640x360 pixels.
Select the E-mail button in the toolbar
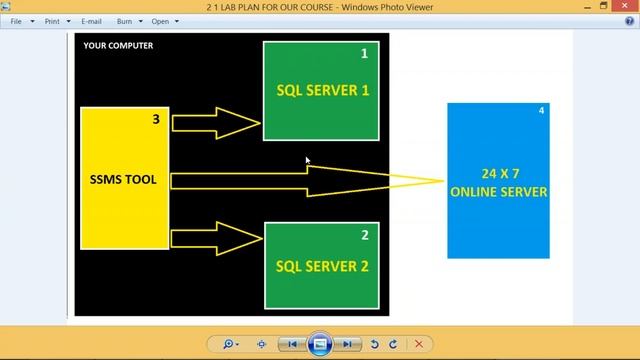click(x=91, y=21)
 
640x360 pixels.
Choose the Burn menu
click(x=127, y=21)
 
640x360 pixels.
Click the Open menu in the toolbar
click(x=162, y=21)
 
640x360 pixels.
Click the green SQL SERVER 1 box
click(x=322, y=90)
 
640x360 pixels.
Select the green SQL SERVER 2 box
click(x=322, y=266)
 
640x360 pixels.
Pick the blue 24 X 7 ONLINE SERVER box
click(x=498, y=180)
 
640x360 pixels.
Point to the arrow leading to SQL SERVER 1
click(x=215, y=123)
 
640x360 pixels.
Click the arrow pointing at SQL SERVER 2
click(x=215, y=238)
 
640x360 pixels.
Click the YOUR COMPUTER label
click(x=118, y=46)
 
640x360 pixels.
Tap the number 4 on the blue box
click(x=541, y=110)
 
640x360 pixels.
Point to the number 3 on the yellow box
click(x=156, y=120)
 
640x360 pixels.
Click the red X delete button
click(x=418, y=344)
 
